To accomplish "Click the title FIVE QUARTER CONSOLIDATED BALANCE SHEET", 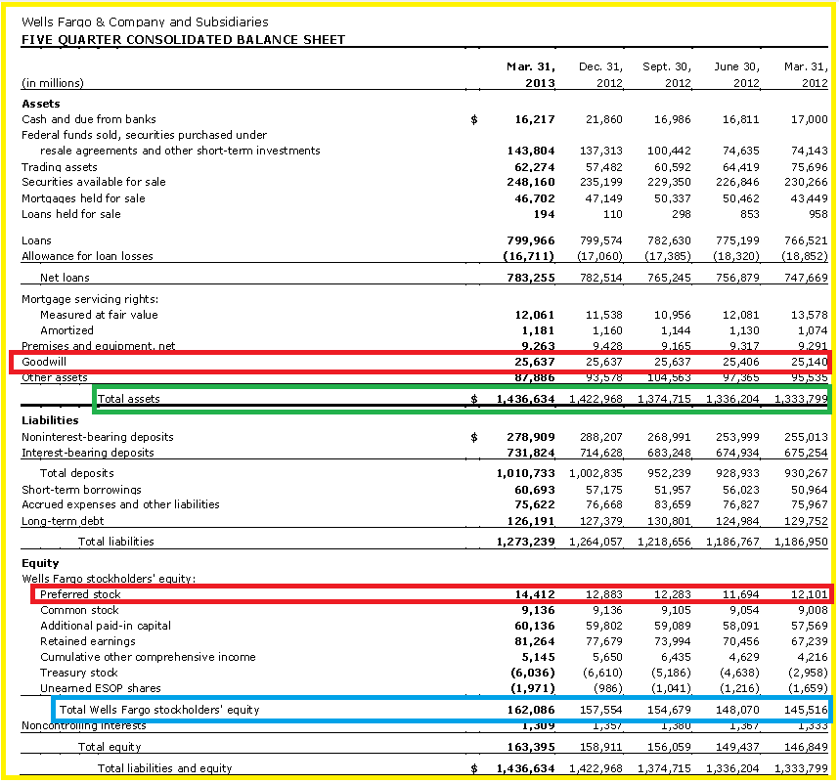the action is coord(183,40).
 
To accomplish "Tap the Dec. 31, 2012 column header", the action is coord(600,75).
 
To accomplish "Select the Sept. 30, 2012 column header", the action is coord(667,75).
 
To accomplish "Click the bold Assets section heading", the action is coord(41,104).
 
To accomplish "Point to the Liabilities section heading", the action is coord(50,420).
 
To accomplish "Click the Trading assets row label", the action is coord(60,167).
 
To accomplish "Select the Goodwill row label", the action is coord(44,362).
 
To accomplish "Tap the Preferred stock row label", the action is coord(80,594).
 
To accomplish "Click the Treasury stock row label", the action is coord(78,673).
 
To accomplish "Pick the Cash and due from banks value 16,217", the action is coord(535,119).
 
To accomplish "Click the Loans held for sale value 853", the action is coord(749,214).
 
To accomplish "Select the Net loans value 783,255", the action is coord(531,278).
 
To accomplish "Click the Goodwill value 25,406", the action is coord(740,362).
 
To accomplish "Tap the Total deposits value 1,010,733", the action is coord(525,473).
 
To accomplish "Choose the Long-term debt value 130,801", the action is coord(669,521).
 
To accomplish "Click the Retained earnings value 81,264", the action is coord(535,641).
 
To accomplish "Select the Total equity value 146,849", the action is coord(806,747).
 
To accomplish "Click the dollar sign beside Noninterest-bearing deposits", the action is coord(474,438).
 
